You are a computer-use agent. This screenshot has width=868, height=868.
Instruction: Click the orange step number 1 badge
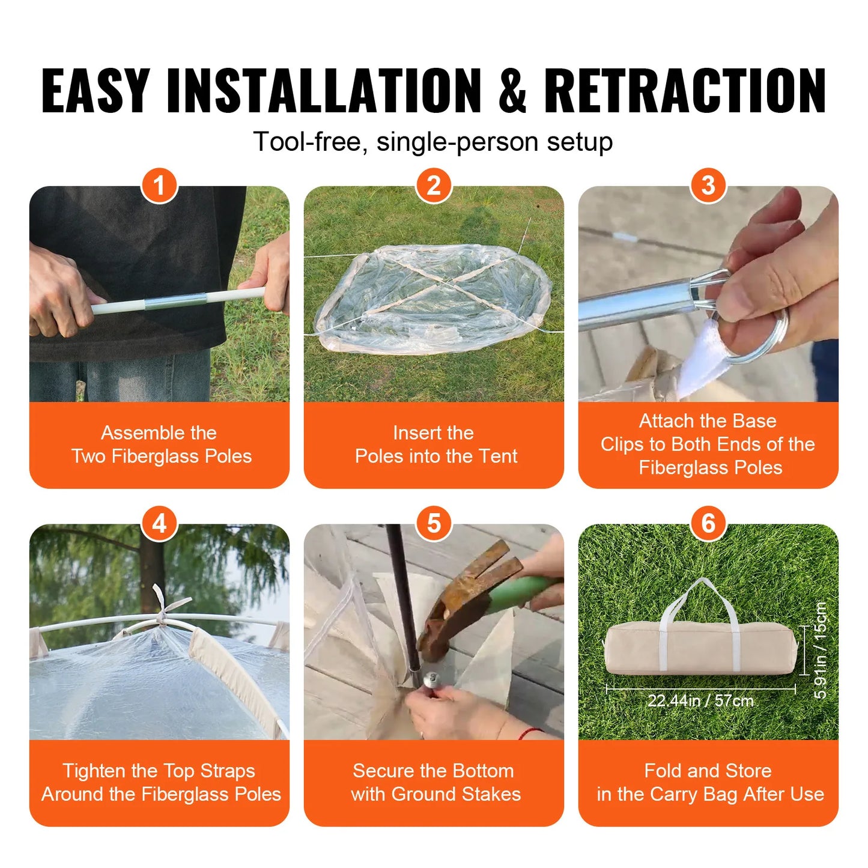[x=159, y=186]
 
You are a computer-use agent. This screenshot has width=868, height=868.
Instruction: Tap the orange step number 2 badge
[x=434, y=186]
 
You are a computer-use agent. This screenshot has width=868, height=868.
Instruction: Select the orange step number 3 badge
[x=708, y=186]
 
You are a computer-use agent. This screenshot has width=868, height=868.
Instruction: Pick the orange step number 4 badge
[x=159, y=524]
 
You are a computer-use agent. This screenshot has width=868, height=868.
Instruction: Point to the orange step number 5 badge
[x=434, y=524]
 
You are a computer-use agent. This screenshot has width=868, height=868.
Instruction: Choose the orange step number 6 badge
[x=708, y=524]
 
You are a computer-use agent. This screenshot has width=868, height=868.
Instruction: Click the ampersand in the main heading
[x=512, y=91]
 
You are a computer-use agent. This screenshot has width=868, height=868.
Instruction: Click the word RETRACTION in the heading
[x=685, y=91]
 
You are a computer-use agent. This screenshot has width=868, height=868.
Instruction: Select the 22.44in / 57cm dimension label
[x=700, y=700]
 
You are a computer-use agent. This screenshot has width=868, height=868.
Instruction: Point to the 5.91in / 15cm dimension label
[x=821, y=650]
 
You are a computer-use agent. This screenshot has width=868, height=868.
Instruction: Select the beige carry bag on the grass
[x=700, y=649]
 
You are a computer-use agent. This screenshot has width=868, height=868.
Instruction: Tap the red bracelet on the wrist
[x=529, y=733]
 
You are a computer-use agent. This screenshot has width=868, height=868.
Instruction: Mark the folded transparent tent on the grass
[x=432, y=297]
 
